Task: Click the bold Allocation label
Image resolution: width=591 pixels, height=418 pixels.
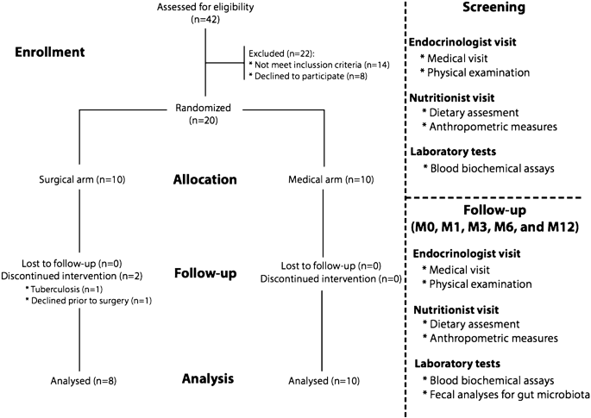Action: tap(204, 180)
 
